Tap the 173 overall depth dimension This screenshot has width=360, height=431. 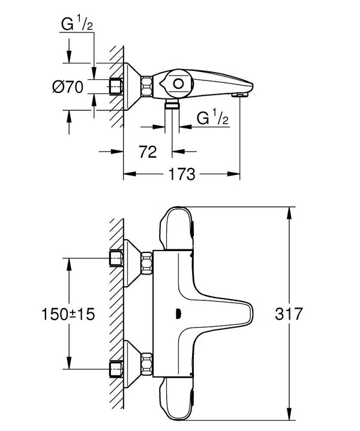pyautogui.click(x=181, y=175)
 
